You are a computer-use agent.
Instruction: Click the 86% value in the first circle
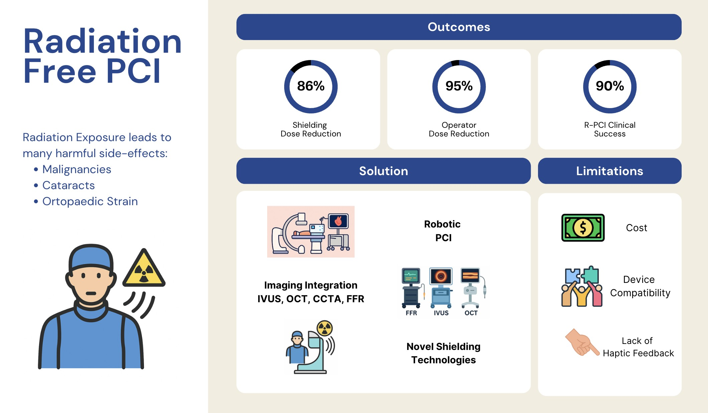coord(311,86)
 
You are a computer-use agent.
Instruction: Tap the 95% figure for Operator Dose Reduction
coord(459,86)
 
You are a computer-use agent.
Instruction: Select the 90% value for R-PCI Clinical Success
coord(610,86)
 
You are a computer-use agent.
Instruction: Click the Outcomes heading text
coord(459,27)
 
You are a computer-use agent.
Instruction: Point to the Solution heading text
coord(383,171)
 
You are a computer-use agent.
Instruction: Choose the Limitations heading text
coord(609,171)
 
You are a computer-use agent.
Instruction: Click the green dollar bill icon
coord(583,228)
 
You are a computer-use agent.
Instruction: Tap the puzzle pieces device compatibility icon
coord(582,286)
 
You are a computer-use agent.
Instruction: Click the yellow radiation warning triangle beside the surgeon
coord(144,269)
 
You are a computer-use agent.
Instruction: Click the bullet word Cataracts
coord(68,185)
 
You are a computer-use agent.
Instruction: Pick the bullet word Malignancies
coord(76,169)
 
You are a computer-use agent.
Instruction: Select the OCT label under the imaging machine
coord(471,313)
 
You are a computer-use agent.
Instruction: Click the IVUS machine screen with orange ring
coord(441,276)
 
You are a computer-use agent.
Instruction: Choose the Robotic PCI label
coord(442,231)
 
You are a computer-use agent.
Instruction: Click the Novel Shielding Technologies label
coord(444,353)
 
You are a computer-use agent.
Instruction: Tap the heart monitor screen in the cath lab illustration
coord(338,221)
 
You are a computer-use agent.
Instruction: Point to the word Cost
coord(637,228)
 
